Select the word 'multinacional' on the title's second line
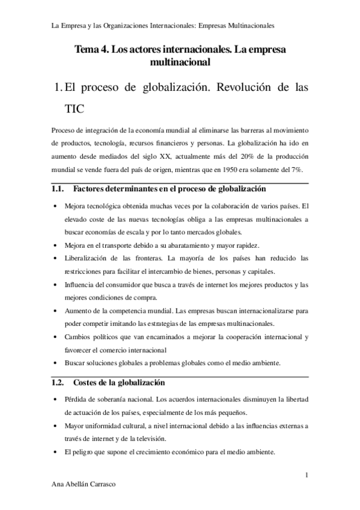[180, 61]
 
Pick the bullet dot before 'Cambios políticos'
[56, 337]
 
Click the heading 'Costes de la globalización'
[119, 382]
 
